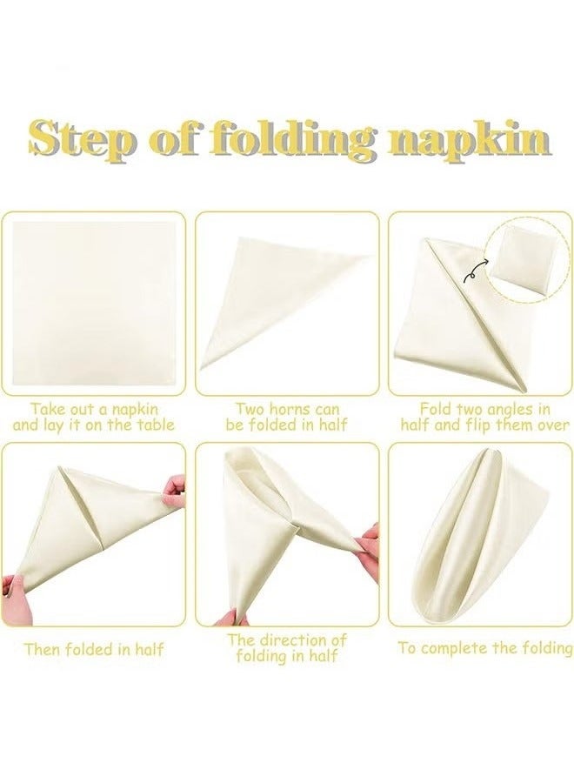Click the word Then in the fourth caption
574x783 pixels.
tap(45, 649)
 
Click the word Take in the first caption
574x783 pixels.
tap(50, 408)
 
